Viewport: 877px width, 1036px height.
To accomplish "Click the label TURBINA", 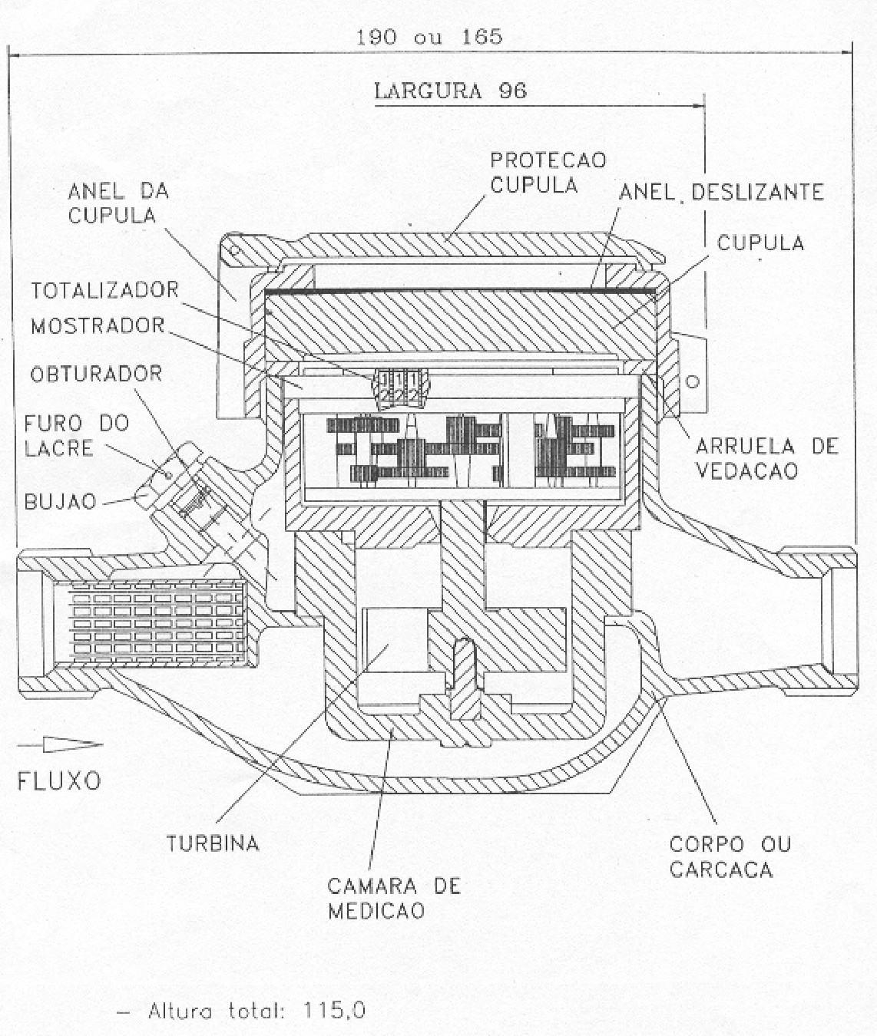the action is coord(213,843).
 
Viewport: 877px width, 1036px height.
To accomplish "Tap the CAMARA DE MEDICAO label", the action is coord(394,898).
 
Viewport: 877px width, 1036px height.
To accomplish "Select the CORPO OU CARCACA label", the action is coord(730,856).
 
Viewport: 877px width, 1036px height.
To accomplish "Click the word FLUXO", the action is coord(59,781).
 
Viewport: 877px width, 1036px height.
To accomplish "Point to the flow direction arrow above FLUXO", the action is coord(60,745).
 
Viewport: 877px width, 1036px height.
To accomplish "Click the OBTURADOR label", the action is coord(96,374).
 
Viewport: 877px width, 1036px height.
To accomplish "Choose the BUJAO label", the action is coord(60,501).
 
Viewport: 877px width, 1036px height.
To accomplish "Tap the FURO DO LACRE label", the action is coord(77,436).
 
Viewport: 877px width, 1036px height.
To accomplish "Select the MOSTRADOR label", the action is coord(98,326).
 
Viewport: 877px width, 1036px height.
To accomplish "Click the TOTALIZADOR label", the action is coord(105,290).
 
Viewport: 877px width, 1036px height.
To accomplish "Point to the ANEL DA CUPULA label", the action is coord(118,203).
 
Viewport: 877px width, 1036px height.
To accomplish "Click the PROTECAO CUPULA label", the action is coord(548,173).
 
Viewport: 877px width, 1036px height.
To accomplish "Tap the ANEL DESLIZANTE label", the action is coord(721,192).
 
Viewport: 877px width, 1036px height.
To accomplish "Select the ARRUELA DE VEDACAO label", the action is coord(767,458).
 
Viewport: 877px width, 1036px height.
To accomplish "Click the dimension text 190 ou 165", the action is coord(429,37).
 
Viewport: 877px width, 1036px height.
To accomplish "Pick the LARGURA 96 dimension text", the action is coord(451,91).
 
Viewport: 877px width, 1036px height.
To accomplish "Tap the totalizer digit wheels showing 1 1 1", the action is coord(400,387).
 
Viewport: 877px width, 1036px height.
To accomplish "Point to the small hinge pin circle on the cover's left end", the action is coord(233,251).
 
